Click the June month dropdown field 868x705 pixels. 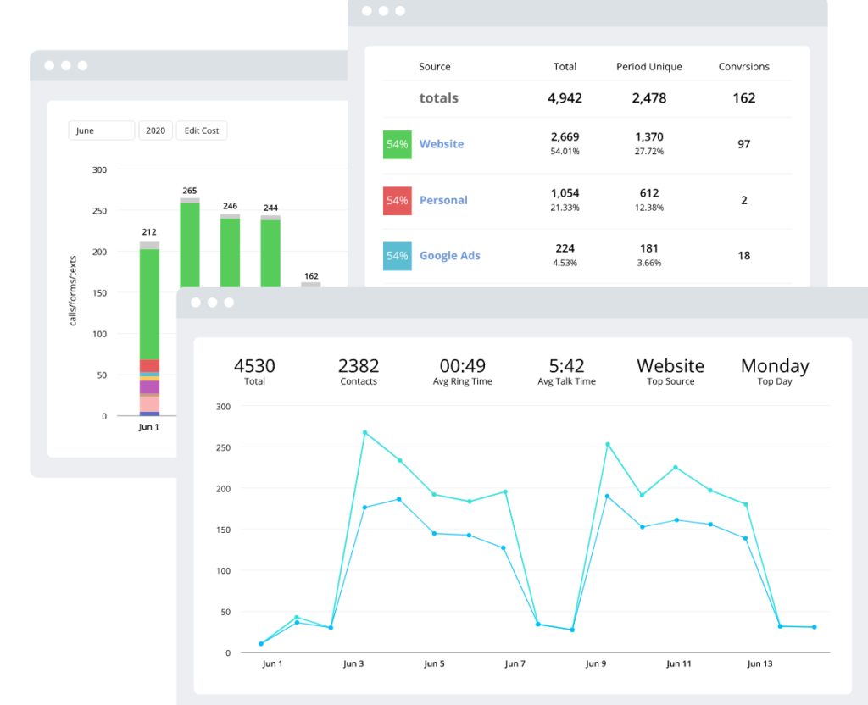(101, 130)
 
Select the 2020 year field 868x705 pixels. (155, 130)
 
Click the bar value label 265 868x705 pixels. (189, 191)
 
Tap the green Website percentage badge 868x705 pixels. (397, 144)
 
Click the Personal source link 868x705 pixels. (443, 200)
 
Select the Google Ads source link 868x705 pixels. (449, 256)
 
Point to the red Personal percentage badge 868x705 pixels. (397, 200)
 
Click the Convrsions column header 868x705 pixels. (743, 67)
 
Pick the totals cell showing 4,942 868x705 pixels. (565, 98)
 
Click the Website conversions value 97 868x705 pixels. (743, 144)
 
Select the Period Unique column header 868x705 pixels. (648, 67)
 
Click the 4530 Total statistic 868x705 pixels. (254, 366)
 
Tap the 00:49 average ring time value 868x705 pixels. (463, 366)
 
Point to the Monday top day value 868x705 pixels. (775, 366)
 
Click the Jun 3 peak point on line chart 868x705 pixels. (364, 432)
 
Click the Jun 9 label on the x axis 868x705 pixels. (596, 664)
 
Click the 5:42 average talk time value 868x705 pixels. (566, 366)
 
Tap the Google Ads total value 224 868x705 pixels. (565, 248)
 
